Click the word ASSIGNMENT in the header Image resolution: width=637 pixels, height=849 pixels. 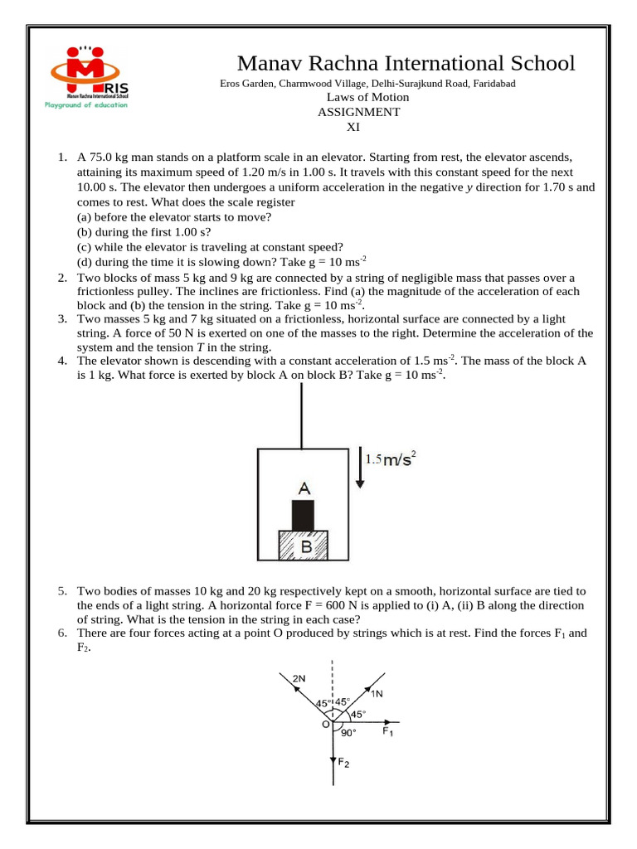click(x=358, y=112)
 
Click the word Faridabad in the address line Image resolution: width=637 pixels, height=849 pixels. click(x=495, y=84)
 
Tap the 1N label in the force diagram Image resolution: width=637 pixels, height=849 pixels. click(x=377, y=693)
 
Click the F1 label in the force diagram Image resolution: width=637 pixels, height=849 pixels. click(x=387, y=732)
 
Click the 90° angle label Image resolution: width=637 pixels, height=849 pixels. click(x=348, y=733)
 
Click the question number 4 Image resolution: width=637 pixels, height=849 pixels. click(x=62, y=361)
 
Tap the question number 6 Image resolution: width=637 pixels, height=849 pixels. click(x=62, y=633)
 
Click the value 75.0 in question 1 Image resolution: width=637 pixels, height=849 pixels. click(x=105, y=157)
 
